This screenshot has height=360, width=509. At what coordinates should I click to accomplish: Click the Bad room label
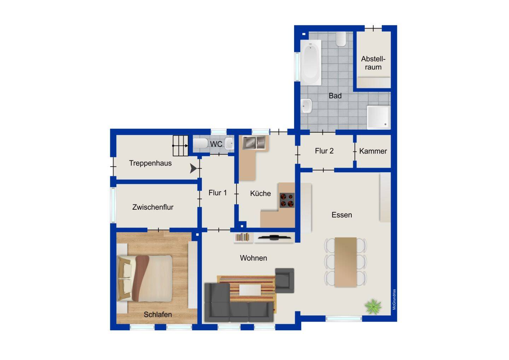335,96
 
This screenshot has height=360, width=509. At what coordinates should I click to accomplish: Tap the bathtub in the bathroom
311,63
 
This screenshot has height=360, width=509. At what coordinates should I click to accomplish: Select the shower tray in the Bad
379,117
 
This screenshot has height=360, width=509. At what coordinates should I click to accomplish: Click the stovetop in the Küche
287,200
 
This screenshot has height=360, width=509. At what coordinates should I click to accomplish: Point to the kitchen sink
254,143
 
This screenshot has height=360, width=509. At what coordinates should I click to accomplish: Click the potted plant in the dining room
373,307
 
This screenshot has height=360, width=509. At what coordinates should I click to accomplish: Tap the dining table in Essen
346,262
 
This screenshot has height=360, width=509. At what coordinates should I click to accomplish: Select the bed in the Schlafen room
145,278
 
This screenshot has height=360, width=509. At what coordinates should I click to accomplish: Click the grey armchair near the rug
285,280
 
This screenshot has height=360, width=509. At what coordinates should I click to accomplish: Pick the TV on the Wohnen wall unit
274,238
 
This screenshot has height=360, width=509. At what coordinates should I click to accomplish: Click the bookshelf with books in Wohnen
242,237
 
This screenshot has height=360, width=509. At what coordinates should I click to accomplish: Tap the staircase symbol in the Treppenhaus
181,146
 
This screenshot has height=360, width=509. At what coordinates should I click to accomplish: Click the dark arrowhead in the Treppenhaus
193,168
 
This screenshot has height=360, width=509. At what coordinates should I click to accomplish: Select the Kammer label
373,151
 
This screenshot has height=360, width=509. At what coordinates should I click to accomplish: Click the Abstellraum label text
373,63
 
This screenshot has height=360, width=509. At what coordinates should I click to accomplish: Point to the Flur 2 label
324,151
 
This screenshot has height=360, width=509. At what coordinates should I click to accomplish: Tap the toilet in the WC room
200,143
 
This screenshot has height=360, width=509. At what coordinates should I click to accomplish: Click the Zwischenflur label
153,207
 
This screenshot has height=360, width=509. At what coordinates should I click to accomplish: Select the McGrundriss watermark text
394,299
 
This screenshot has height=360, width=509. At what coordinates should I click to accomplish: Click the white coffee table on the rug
250,290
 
